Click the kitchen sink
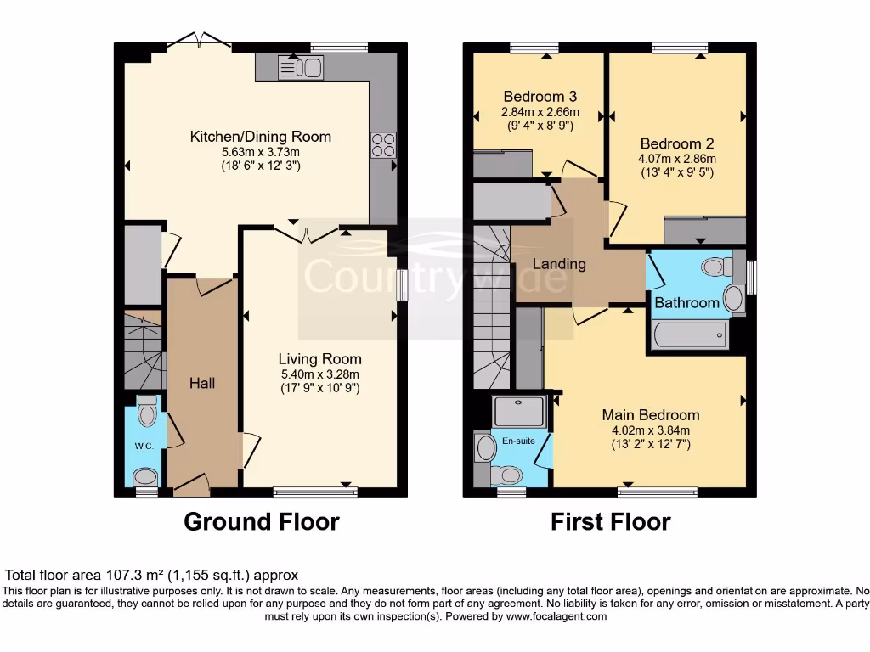[301, 67]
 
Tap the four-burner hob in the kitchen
[382, 145]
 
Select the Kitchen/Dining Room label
[260, 137]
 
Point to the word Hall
[202, 383]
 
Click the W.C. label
[142, 446]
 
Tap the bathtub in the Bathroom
[689, 334]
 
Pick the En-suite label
[520, 441]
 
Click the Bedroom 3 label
[540, 96]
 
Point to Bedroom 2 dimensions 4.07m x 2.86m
[678, 158]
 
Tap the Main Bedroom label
[651, 415]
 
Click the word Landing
[559, 264]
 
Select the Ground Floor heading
[262, 521]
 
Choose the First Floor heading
[610, 521]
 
